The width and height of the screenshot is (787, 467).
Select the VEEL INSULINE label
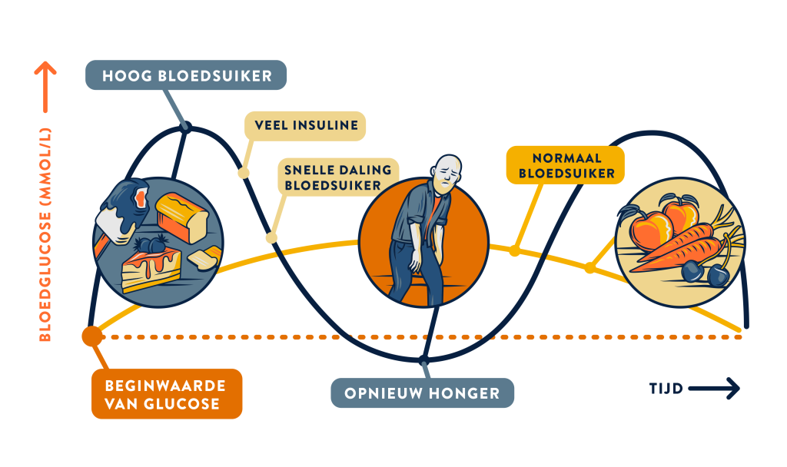point(304,125)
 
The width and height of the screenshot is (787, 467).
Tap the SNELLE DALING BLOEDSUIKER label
point(337,177)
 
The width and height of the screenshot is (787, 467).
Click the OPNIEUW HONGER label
point(422,393)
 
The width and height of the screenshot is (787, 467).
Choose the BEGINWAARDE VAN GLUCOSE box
point(166,393)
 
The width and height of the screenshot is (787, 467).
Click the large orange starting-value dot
point(91,336)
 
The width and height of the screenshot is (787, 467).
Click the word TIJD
point(666,389)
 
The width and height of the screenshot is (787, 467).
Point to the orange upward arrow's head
point(45,71)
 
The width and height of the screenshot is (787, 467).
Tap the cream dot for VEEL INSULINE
point(243,172)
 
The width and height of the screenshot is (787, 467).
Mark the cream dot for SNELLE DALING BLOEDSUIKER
point(271,237)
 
